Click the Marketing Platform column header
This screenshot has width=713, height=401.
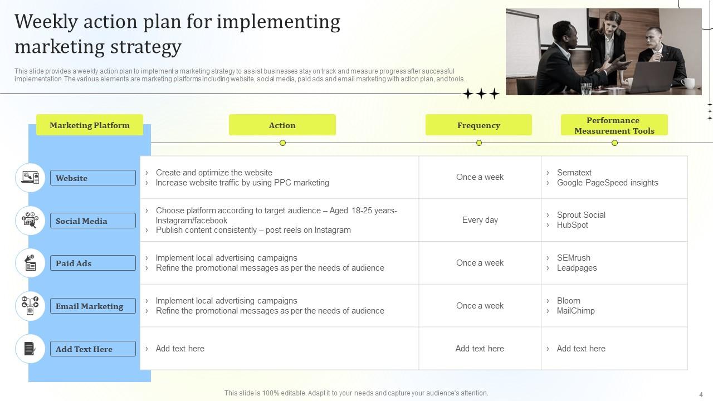[90, 125]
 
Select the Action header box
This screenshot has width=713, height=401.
[282, 125]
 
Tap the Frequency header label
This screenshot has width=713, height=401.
[478, 125]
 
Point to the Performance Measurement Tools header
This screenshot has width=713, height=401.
[614, 125]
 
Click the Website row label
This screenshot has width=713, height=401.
[92, 178]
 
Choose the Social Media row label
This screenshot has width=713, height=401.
[92, 221]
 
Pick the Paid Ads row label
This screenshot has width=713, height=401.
[92, 263]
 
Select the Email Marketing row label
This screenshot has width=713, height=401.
[92, 306]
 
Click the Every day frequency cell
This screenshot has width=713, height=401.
[480, 220]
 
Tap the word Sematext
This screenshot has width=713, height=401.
[574, 173]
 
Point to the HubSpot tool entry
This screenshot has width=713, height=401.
[572, 225]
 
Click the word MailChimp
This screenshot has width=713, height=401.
[575, 311]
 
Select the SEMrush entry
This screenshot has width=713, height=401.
[573, 258]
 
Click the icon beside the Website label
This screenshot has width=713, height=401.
[30, 178]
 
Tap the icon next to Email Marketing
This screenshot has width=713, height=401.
[30, 306]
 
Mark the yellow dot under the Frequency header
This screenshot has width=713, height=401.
[479, 143]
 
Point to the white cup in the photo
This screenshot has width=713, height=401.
[687, 84]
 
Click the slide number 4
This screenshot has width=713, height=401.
[701, 394]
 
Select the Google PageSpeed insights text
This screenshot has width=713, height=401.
[607, 183]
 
